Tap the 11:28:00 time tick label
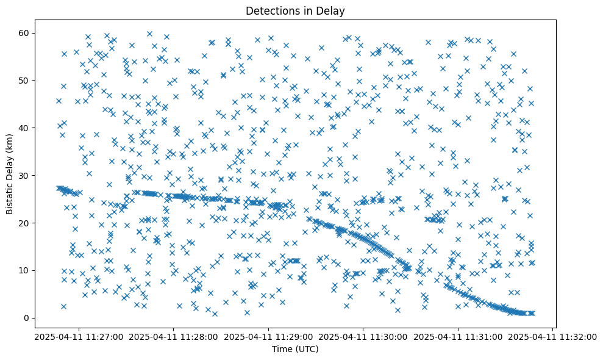point(173,336)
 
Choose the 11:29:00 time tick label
point(268,336)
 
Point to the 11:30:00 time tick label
point(363,336)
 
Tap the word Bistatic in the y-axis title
point(10,191)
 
